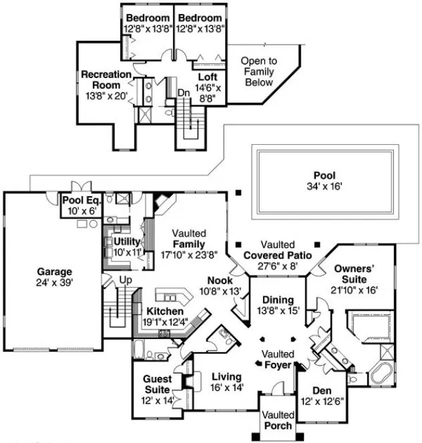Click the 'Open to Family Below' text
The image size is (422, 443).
258,71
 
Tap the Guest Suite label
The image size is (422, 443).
158,380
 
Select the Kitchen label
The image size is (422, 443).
161,312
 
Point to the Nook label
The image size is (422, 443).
220,281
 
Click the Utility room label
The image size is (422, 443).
126,241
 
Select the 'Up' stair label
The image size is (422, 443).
125,280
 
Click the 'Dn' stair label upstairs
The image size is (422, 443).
183,92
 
